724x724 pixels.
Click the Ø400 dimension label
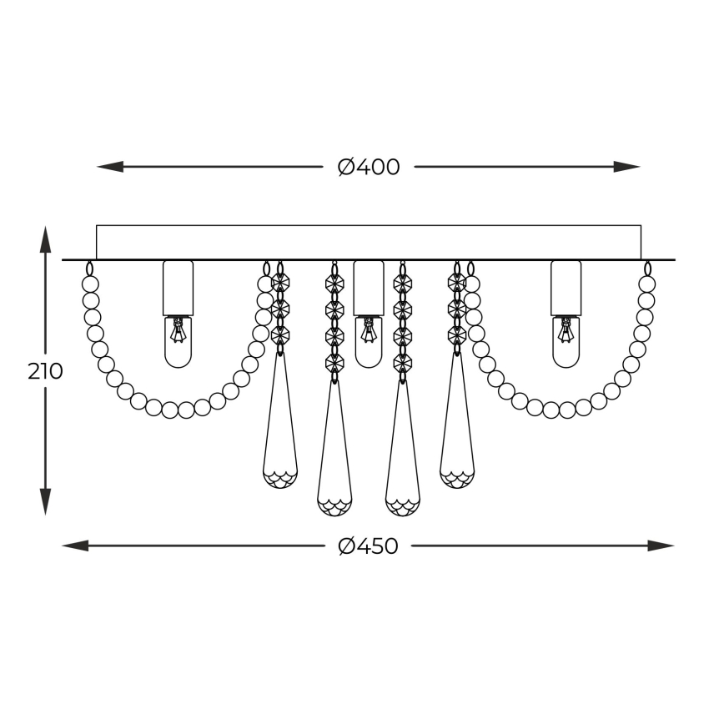tap(369, 167)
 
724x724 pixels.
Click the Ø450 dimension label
tap(369, 546)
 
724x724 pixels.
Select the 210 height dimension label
tap(45, 371)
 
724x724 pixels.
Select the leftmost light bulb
tap(178, 342)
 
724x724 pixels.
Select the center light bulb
tap(368, 342)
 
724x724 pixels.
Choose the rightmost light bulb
tap(566, 342)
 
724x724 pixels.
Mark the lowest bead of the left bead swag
tap(170, 410)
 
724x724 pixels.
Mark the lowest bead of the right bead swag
tap(551, 410)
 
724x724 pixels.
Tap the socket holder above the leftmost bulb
tap(178, 287)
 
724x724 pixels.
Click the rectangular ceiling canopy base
tap(368, 242)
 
